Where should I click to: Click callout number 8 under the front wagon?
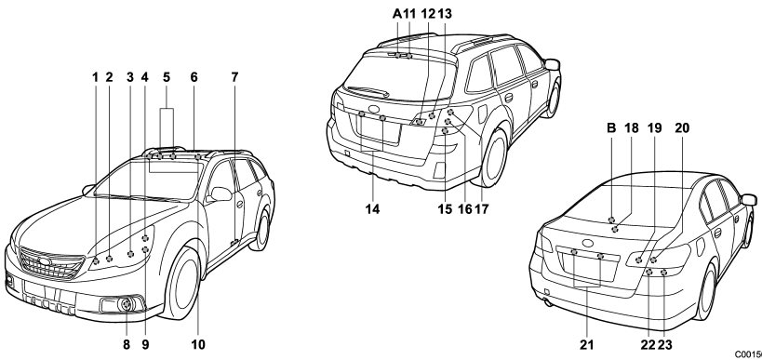pyautogui.click(x=127, y=344)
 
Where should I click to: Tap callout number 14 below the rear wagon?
pyautogui.click(x=373, y=209)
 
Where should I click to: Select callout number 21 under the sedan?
pyautogui.click(x=586, y=344)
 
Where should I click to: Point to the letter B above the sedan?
pyautogui.click(x=611, y=128)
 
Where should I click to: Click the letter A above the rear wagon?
pyautogui.click(x=397, y=14)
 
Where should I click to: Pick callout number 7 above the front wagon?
pyautogui.click(x=234, y=77)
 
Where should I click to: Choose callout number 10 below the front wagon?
pyautogui.click(x=198, y=344)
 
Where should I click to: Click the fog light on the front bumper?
pyautogui.click(x=127, y=304)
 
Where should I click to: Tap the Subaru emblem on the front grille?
pyautogui.click(x=46, y=261)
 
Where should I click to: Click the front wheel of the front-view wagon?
pyautogui.click(x=183, y=282)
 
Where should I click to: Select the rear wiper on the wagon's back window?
pyautogui.click(x=368, y=90)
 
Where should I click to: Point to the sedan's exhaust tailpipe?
pyautogui.click(x=548, y=302)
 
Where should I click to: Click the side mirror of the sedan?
pyautogui.click(x=749, y=199)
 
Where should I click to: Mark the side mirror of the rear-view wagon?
pyautogui.click(x=553, y=64)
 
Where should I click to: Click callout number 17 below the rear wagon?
pyautogui.click(x=481, y=209)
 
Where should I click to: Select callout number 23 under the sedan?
pyautogui.click(x=665, y=344)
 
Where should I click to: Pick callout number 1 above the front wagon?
pyautogui.click(x=95, y=77)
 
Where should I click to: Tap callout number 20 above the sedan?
pyautogui.click(x=682, y=128)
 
